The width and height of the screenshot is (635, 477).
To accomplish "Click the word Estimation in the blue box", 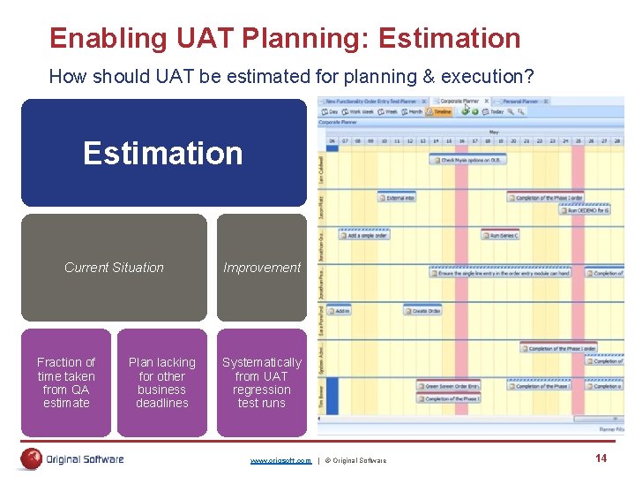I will [x=162, y=154].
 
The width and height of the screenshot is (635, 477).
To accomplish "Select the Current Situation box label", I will [x=114, y=268].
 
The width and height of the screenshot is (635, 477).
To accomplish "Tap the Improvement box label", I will [x=261, y=268].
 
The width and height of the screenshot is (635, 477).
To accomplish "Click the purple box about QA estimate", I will [x=66, y=382].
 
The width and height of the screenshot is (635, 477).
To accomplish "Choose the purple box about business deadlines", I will [x=162, y=382].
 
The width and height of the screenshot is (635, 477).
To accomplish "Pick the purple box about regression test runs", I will [x=261, y=382].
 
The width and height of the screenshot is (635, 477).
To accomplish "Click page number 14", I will [x=601, y=458].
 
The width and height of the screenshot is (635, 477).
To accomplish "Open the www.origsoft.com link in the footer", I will [x=280, y=460].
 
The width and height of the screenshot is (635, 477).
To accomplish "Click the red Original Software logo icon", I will [x=32, y=458].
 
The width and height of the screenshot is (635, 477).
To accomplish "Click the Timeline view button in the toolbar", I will [x=439, y=112].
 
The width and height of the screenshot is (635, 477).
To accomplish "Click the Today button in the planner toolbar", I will [x=495, y=112].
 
